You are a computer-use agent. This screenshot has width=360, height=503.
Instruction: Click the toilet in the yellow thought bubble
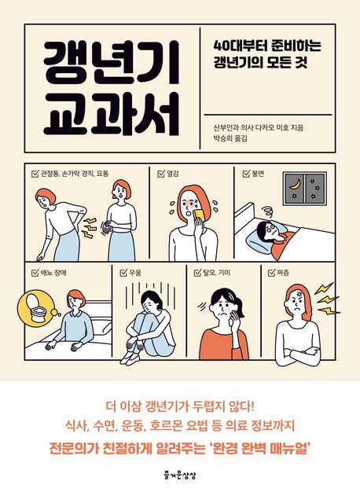[x=35, y=308]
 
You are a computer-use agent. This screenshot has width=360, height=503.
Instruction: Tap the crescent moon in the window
[x=296, y=184]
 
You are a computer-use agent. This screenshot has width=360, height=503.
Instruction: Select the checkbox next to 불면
[x=247, y=174]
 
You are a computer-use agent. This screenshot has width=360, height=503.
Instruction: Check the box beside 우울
[x=123, y=273]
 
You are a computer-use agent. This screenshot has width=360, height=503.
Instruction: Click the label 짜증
[x=282, y=273]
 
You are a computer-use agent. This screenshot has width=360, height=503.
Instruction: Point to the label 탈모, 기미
[x=216, y=273]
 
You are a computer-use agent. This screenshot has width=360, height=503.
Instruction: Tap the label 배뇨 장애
[x=53, y=273]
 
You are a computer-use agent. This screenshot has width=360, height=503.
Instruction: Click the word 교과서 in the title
[x=111, y=113]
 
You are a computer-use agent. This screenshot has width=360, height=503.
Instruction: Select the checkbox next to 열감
[x=161, y=174]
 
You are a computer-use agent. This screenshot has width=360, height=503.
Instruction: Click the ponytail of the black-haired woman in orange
[x=240, y=301]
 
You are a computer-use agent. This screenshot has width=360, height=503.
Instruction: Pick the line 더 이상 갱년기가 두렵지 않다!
[x=180, y=407]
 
